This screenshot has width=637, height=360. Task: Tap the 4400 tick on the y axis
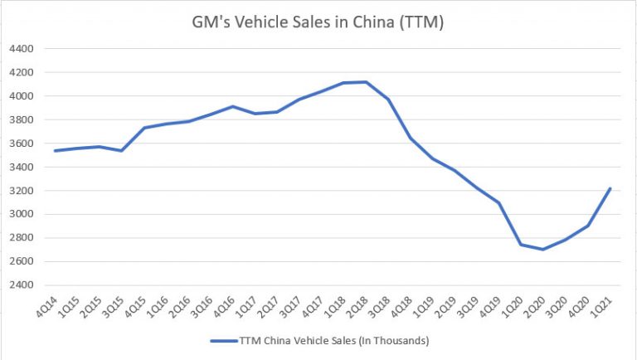point(22,49)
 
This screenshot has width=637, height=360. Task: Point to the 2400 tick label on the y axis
point(22,285)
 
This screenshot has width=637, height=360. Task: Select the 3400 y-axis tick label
point(22,167)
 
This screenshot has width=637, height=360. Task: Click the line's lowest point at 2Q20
point(566,249)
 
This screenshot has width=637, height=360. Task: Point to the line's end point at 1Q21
point(610,188)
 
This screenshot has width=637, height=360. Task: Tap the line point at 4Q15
point(144,128)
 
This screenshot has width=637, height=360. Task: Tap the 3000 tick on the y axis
point(22,214)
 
